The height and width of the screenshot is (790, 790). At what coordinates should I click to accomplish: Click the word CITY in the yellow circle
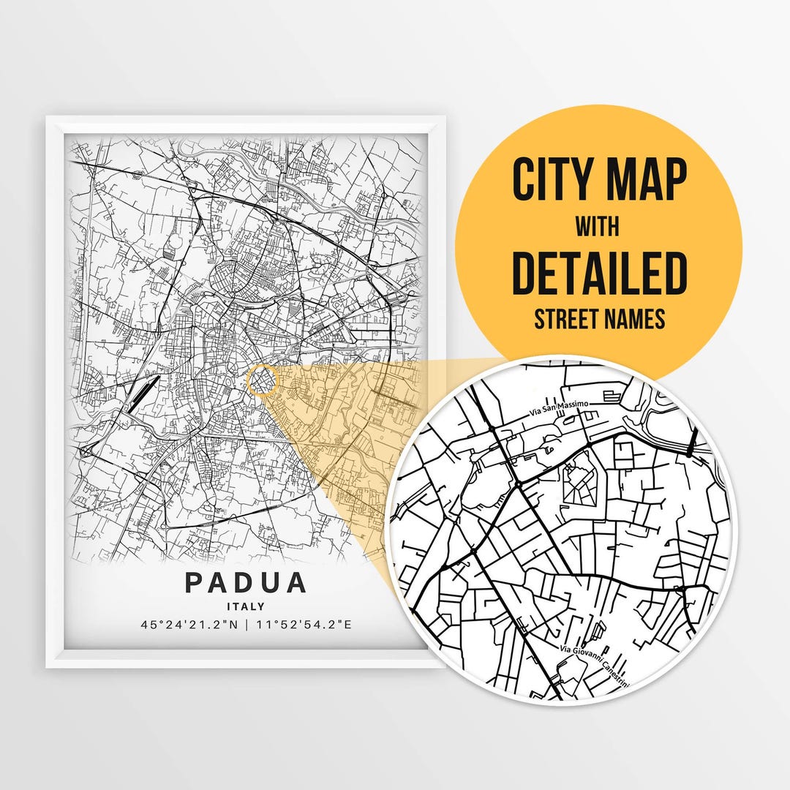[x=552, y=180]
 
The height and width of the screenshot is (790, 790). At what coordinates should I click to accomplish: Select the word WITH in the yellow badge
[x=599, y=227]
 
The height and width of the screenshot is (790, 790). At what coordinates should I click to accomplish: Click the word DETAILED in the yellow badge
[x=599, y=272]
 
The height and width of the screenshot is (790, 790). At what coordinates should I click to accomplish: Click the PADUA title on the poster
[x=246, y=583]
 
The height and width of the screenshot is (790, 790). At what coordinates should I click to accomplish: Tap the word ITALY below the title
[x=246, y=606]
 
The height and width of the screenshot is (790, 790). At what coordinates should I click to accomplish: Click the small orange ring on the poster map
[x=263, y=381]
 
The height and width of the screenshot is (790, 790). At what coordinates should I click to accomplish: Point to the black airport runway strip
[x=141, y=395]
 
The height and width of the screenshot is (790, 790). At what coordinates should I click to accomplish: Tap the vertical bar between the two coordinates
[x=247, y=625]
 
